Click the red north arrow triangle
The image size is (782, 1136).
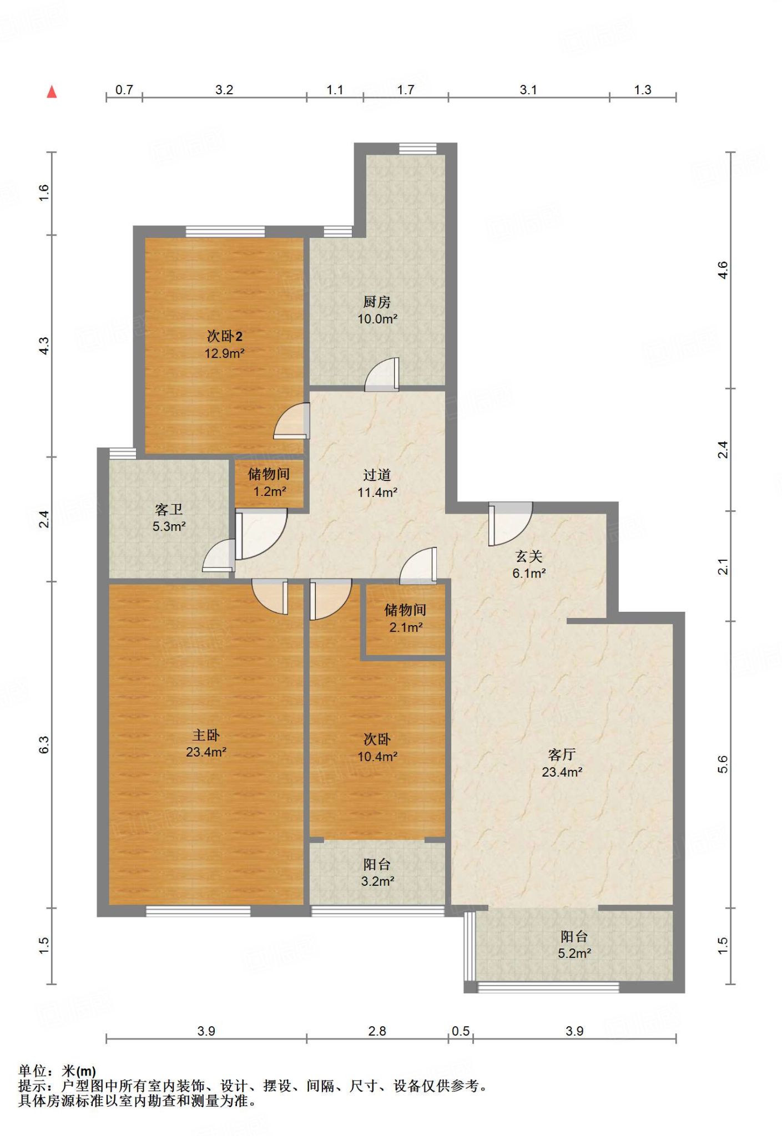click(52, 92)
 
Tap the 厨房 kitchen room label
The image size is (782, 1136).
click(377, 302)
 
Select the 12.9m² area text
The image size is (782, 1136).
click(224, 353)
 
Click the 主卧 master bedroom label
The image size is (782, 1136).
click(206, 735)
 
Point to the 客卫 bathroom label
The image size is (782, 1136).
click(169, 509)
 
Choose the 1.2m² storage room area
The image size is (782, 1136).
click(270, 491)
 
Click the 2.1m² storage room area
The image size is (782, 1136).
click(406, 627)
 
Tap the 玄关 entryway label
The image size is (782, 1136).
click(529, 556)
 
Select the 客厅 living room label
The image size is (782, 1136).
click(562, 754)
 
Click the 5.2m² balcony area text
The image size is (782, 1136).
click(574, 954)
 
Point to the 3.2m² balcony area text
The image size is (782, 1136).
click(377, 881)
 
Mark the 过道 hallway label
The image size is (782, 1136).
click(377, 475)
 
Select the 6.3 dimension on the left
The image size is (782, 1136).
click(44, 745)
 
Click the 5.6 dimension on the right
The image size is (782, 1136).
click(722, 764)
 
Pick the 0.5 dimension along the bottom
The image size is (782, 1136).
click(461, 1031)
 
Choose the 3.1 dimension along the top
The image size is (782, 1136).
click(528, 90)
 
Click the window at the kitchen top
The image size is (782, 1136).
click(418, 148)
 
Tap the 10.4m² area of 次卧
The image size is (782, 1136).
click(377, 757)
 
